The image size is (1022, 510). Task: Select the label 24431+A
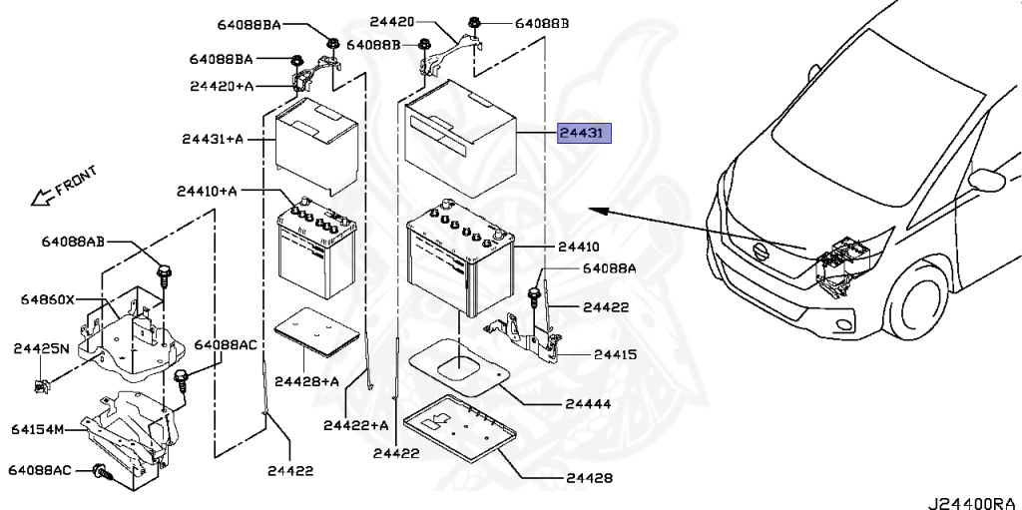(213, 139)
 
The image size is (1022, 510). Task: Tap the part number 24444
(587, 404)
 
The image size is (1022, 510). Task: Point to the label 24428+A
(306, 380)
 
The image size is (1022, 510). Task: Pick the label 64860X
(50, 299)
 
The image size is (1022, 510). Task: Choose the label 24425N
(42, 348)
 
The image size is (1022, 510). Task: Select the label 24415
(615, 354)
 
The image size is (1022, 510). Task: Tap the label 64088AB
(73, 242)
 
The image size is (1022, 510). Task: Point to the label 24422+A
(355, 425)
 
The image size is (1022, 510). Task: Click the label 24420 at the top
(390, 20)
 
